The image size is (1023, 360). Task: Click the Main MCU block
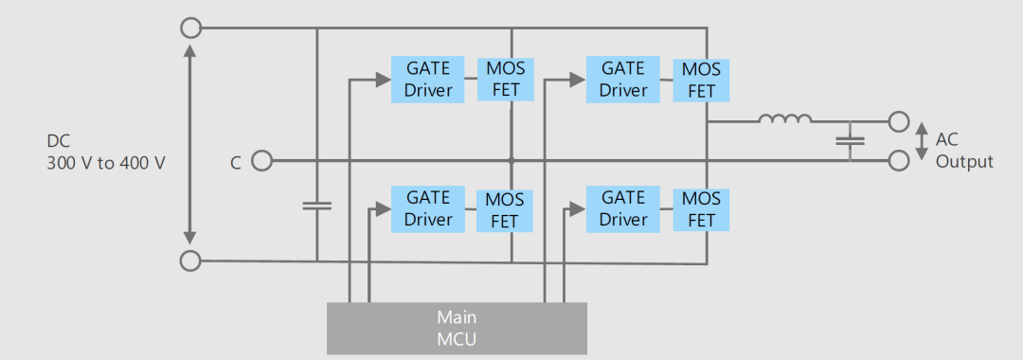pos(457,328)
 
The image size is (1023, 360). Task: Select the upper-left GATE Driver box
pos(428,80)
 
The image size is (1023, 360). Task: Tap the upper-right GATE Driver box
pos(623,80)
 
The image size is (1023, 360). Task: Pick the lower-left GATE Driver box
pos(428,209)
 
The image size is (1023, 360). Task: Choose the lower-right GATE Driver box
pos(623,209)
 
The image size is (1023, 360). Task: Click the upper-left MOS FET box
pos(506,80)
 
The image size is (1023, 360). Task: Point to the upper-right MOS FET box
pos(701,81)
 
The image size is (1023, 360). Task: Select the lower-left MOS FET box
pos(504,210)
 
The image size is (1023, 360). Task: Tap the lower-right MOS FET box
pos(701,210)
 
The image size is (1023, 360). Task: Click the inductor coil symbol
pos(785,118)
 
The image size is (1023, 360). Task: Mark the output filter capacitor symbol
pos(850,140)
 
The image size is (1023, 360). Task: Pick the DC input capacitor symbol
pos(317,207)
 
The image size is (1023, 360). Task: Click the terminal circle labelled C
pos(261,160)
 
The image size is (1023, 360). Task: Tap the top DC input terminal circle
pos(190,28)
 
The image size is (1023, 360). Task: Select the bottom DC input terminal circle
pos(189,261)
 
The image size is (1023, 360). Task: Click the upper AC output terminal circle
pos(898,121)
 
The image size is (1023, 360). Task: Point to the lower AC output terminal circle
pos(898,160)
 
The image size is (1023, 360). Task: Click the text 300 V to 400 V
pos(106,163)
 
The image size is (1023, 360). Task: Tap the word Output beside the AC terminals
pos(964,162)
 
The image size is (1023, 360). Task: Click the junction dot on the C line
pos(511,160)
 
